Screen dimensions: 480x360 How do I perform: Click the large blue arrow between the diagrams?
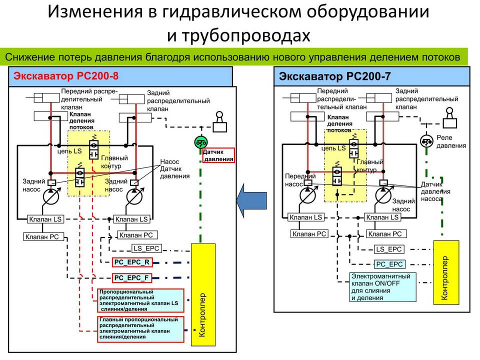click(251, 201)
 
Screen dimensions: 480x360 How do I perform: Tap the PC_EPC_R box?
click(132, 262)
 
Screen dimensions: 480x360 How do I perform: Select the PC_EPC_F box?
click(132, 278)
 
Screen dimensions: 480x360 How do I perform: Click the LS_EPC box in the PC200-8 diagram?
click(146, 248)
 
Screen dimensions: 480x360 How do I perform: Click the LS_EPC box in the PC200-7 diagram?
click(389, 249)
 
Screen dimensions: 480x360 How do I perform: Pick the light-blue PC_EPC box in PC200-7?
click(389, 264)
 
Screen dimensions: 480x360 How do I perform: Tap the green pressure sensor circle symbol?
click(201, 142)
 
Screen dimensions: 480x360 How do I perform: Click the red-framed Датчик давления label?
click(218, 155)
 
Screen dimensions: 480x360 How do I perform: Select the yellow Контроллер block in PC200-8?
click(203, 295)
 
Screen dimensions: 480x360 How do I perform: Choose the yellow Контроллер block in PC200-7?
click(446, 272)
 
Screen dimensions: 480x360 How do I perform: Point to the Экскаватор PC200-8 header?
click(120, 76)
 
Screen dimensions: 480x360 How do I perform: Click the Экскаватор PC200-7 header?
click(371, 76)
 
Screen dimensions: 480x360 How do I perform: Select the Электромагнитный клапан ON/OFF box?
click(382, 287)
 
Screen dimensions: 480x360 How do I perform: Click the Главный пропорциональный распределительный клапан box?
click(141, 329)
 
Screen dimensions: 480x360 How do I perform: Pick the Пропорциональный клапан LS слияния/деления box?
click(141, 300)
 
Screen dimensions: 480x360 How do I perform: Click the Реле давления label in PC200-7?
click(451, 141)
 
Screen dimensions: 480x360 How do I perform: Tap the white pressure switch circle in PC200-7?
click(426, 141)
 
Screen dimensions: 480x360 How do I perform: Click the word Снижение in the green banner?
click(29, 57)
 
